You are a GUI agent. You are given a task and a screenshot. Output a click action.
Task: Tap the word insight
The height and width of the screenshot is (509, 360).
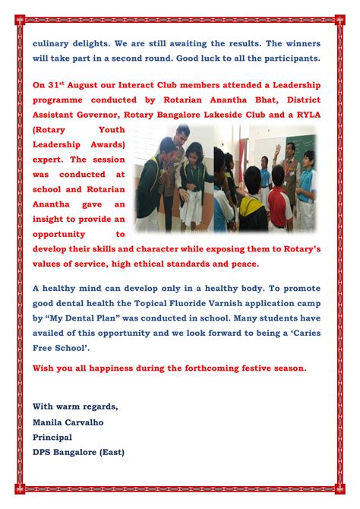[x=51, y=219]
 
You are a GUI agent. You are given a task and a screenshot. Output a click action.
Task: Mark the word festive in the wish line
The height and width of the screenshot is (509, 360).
[x=244, y=368]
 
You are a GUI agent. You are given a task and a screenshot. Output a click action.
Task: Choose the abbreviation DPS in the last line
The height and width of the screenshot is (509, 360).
[x=43, y=451]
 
